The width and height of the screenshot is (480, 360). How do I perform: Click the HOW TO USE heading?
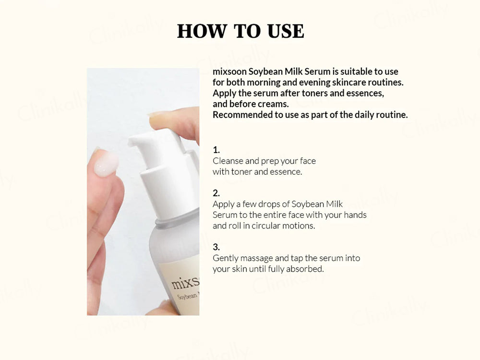[x=240, y=31]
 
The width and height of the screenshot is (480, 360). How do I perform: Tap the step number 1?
[x=216, y=150]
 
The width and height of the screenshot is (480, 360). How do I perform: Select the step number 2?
[x=216, y=193]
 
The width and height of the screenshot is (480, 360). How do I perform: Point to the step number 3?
[x=216, y=247]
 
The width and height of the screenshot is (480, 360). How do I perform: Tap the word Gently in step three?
[x=226, y=258]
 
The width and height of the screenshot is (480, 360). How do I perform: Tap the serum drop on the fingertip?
[x=105, y=166]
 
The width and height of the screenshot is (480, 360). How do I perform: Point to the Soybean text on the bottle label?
[x=188, y=296]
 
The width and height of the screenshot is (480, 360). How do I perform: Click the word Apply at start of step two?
[x=223, y=204]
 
